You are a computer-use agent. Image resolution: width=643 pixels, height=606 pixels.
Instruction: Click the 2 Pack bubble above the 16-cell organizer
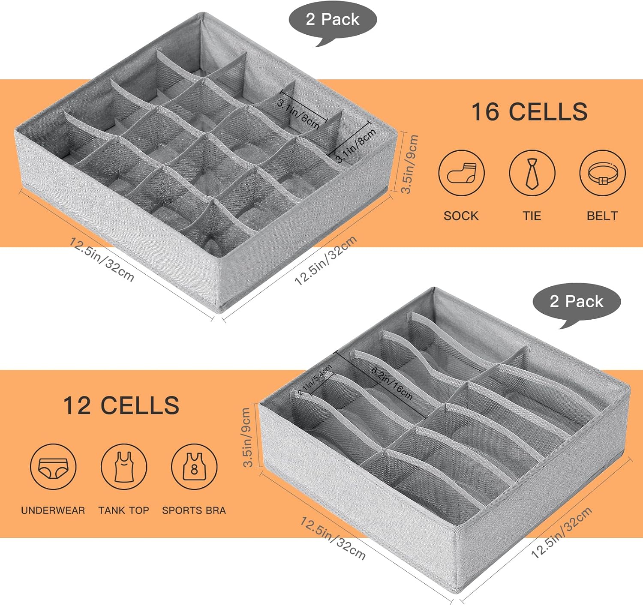332,20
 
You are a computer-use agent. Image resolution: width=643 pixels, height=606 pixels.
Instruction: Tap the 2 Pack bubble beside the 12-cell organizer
577,302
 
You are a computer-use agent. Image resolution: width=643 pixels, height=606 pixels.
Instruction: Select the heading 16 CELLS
529,111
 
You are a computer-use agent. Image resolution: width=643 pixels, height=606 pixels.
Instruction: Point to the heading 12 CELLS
121,405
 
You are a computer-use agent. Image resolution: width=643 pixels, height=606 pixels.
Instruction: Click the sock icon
461,173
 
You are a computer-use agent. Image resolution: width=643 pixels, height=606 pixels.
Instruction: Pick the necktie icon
532,173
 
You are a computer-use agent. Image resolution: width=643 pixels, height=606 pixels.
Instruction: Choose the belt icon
602,173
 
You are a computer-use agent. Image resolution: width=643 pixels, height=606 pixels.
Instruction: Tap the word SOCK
461,216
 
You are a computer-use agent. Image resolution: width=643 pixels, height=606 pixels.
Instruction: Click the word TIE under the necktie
532,216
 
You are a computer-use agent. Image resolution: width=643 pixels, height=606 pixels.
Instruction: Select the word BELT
602,216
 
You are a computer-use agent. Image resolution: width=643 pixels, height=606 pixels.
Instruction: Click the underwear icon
53,467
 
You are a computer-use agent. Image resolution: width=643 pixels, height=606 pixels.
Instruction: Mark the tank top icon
124,467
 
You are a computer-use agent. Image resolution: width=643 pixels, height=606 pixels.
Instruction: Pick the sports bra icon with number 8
194,467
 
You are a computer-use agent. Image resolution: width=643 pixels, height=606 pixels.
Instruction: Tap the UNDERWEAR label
53,510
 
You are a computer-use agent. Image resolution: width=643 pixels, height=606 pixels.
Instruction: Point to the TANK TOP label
123,510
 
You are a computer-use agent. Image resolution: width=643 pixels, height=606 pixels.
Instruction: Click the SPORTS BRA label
194,510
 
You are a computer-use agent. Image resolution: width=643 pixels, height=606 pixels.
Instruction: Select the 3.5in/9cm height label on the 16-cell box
409,164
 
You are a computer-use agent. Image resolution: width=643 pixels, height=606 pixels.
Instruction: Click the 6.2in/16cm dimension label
392,384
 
